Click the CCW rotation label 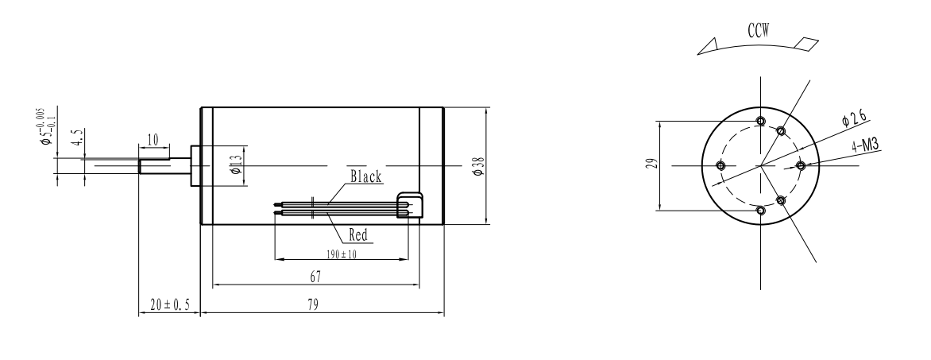pos(758,31)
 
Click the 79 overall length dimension pos(313,304)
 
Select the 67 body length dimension pos(315,277)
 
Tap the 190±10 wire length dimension pos(342,254)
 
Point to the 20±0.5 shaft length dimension pos(170,304)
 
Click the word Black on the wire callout pos(365,176)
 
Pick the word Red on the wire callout pos(358,235)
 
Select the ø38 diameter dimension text pos(478,166)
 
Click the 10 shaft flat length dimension pos(153,140)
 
